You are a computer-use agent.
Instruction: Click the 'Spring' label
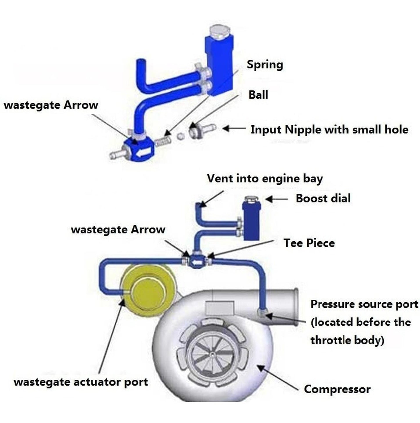265,65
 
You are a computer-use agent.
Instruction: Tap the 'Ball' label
258,95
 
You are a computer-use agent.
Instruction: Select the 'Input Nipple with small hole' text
329,130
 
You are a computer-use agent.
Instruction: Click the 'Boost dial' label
323,198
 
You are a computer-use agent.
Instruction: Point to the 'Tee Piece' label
309,243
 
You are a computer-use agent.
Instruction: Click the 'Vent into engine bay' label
265,179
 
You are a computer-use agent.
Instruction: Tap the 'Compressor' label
337,389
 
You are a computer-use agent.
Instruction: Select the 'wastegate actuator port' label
81,382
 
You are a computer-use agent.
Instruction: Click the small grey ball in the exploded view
180,136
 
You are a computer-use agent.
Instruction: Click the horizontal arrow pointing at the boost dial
276,199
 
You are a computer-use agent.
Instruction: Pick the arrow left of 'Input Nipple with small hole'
233,128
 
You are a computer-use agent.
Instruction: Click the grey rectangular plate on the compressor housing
219,308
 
